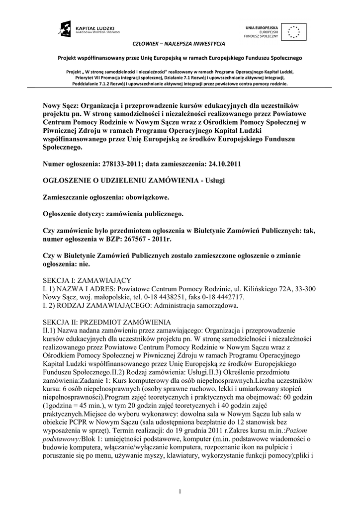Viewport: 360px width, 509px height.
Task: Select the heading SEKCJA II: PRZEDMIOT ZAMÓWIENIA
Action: [106, 321]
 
